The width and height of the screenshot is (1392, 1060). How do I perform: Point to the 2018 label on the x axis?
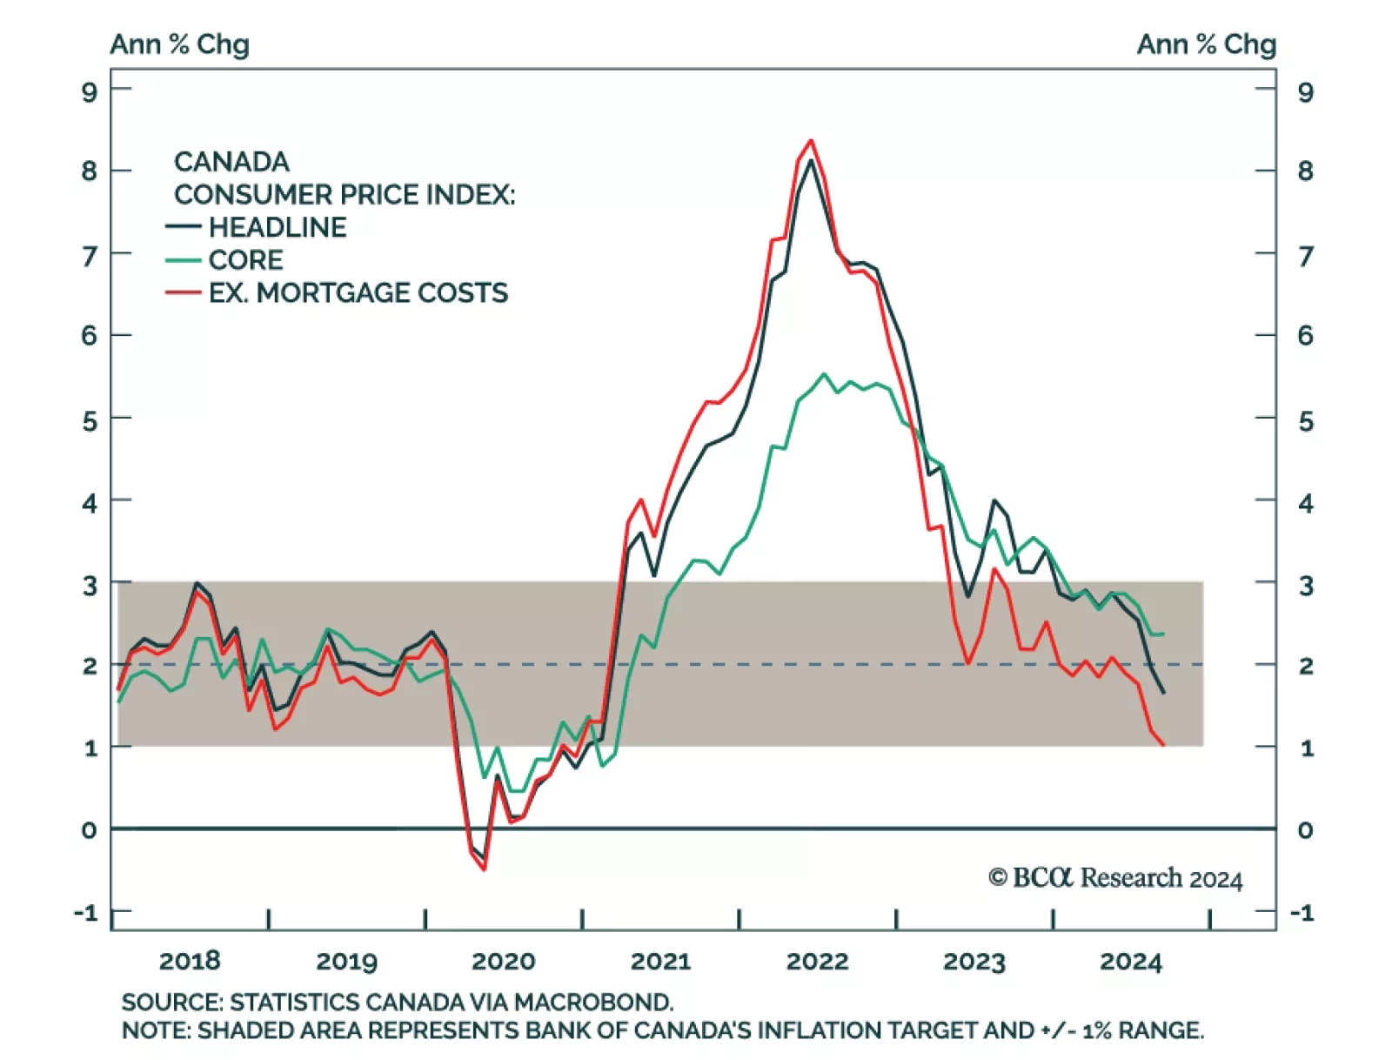click(190, 961)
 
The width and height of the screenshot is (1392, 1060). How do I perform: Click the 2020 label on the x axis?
click(503, 961)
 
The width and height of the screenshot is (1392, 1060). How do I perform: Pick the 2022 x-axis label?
click(817, 961)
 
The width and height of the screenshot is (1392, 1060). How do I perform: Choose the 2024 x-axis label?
click(1130, 961)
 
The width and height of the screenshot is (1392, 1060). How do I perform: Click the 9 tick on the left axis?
click(90, 91)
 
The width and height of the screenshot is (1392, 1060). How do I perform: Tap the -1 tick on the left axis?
click(86, 913)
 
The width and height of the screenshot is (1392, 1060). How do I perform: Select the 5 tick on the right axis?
click(1305, 421)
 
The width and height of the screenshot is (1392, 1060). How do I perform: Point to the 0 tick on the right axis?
click(1305, 830)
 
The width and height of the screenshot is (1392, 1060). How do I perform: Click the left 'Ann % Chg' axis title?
click(180, 44)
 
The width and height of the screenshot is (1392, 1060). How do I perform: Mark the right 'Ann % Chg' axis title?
click(1207, 44)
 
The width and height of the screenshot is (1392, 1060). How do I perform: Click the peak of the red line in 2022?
click(811, 140)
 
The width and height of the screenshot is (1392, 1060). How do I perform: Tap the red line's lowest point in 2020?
click(484, 869)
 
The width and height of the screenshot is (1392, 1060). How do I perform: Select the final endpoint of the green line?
click(1163, 634)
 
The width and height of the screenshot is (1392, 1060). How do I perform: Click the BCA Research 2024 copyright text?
click(1115, 878)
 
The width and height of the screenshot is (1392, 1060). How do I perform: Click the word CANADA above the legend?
click(231, 162)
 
